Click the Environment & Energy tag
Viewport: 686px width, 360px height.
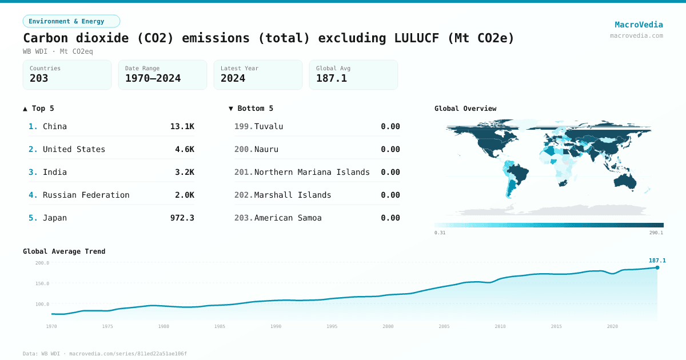[x=71, y=21]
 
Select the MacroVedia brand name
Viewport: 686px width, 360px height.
[x=639, y=25]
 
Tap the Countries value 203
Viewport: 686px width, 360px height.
[x=39, y=78]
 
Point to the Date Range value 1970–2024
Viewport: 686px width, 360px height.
[x=153, y=78]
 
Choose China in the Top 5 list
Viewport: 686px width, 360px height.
[x=55, y=126]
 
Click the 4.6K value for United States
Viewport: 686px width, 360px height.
[x=184, y=149]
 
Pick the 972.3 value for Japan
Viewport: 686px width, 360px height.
[x=182, y=218]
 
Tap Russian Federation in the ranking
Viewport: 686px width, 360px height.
[x=86, y=195]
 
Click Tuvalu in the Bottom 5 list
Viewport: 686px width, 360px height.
[x=269, y=126]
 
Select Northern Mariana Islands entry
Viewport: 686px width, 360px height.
[x=312, y=172]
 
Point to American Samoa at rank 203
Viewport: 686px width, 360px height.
[x=288, y=218]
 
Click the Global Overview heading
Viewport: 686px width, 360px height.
[x=465, y=109]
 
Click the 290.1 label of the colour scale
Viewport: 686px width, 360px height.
[x=656, y=233]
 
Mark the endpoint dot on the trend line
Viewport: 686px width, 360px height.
[x=657, y=267]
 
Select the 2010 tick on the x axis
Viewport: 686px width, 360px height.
[x=500, y=326]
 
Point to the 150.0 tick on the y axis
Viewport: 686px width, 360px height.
[x=42, y=283]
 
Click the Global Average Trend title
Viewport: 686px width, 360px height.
[x=64, y=251]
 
